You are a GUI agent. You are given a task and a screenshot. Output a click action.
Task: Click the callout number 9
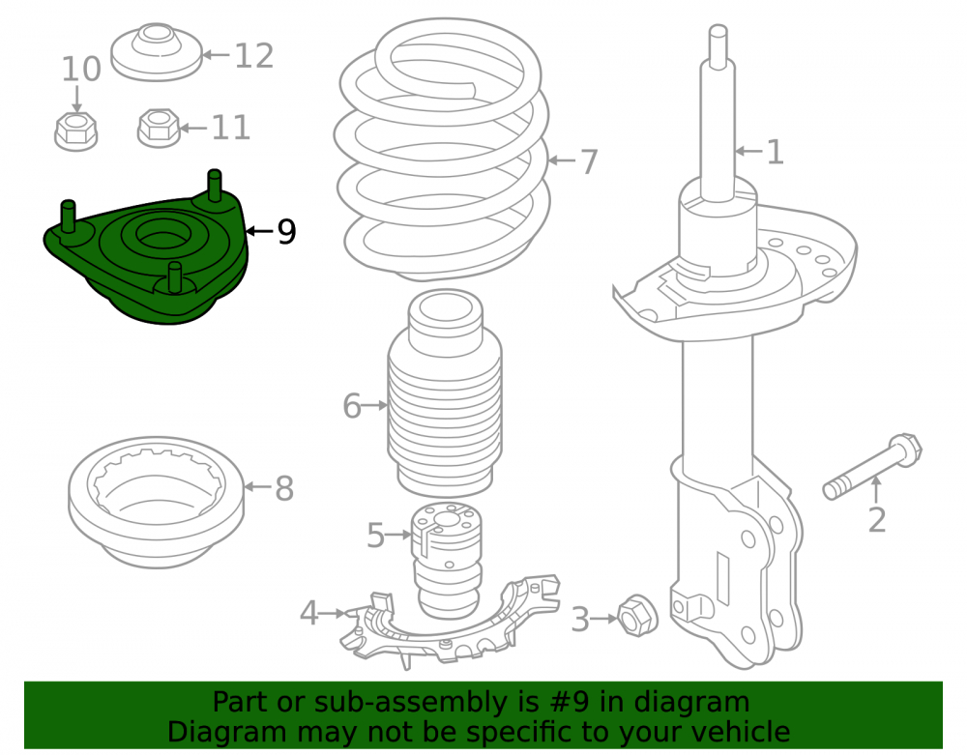tap(287, 232)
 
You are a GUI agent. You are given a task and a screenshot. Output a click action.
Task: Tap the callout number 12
tap(254, 56)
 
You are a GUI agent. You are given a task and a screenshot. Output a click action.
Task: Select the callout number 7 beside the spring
tap(590, 162)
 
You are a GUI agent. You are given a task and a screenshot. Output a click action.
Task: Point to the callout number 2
tap(876, 519)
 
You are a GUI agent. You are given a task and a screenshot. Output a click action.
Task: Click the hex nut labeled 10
tap(75, 131)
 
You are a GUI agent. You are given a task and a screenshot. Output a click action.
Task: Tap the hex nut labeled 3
tap(637, 616)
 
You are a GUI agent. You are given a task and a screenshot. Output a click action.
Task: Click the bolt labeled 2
tap(872, 467)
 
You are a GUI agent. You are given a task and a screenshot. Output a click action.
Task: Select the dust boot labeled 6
tap(445, 392)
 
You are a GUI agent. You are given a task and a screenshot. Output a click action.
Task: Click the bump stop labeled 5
tap(447, 560)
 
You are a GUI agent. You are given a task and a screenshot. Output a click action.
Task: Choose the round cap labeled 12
tap(157, 52)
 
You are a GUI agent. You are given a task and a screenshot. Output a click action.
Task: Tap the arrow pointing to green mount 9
tap(259, 231)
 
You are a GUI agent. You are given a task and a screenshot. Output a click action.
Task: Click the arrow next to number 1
tap(749, 151)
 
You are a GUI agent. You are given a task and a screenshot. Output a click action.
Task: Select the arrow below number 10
tap(77, 100)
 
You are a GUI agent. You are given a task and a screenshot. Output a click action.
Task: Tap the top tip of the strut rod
tap(718, 27)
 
